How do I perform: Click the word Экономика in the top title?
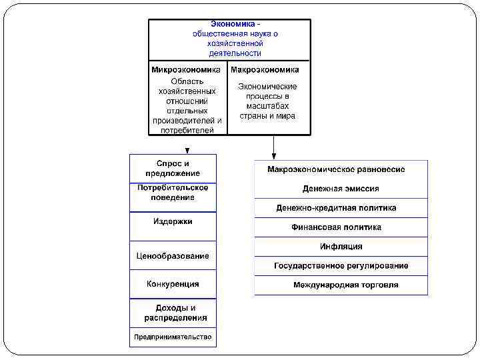pos(231,24)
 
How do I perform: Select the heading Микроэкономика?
pos(187,69)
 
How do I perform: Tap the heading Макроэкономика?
pos(265,69)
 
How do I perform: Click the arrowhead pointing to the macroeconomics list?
pos(274,155)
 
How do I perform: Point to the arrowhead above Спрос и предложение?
pos(187,151)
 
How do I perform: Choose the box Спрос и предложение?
pos(173,168)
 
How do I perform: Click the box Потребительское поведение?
pos(173,193)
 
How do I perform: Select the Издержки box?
pos(173,221)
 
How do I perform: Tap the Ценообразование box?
pos(173,255)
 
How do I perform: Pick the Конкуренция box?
pos(173,284)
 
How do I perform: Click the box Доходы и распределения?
pos(173,313)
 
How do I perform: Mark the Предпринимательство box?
pos(173,337)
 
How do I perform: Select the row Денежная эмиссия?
pos(341,189)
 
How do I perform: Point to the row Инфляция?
pos(341,247)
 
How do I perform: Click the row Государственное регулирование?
pos(341,266)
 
